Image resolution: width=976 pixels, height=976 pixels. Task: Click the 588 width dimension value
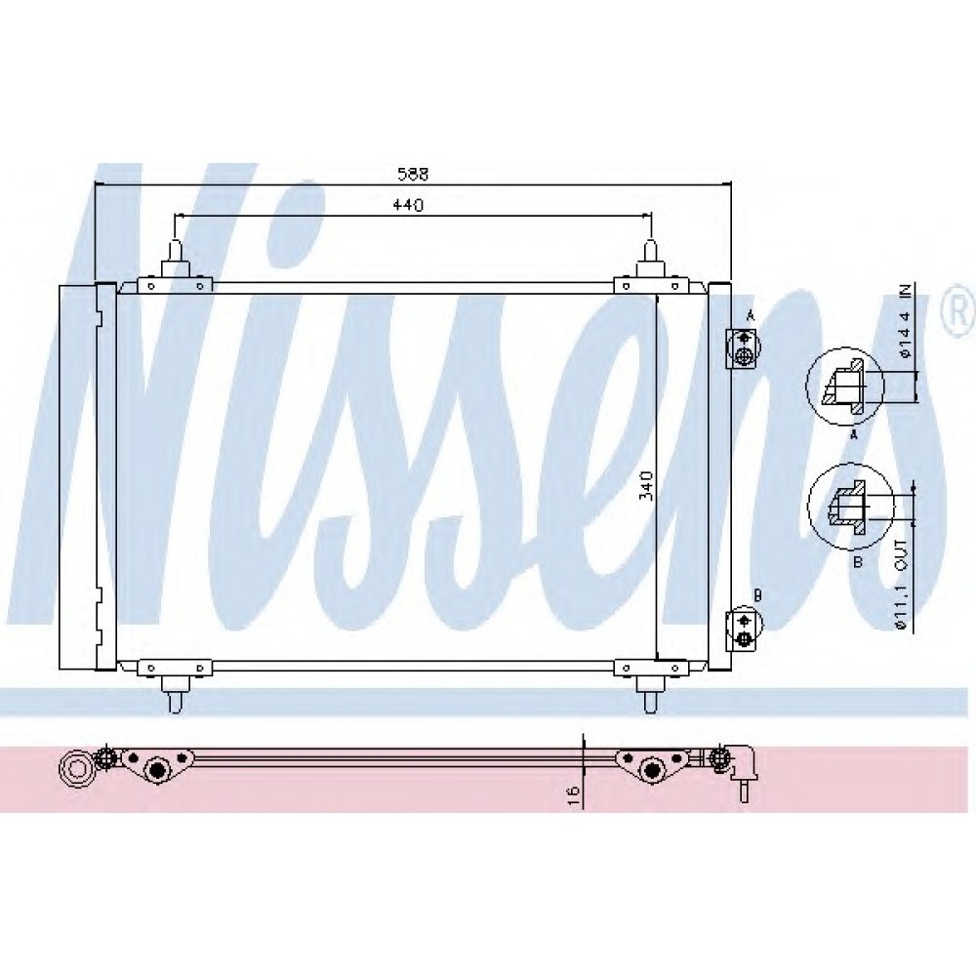click(x=413, y=175)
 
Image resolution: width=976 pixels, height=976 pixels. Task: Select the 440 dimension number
click(x=408, y=205)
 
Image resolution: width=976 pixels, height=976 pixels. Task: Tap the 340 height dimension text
click(x=646, y=485)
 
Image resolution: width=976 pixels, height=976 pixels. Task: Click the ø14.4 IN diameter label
click(x=905, y=322)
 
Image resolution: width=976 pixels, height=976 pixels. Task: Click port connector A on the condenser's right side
click(x=743, y=348)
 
